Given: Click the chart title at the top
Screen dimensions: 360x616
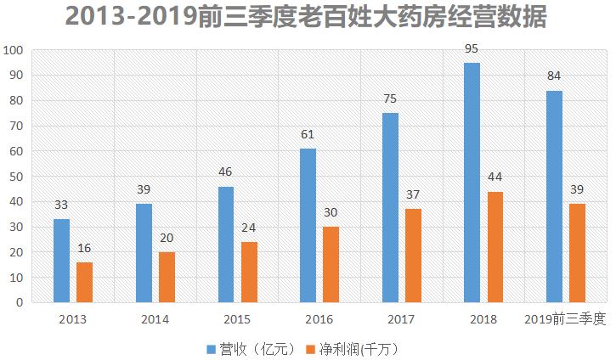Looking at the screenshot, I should point(307,17).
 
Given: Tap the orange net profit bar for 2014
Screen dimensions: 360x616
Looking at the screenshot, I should point(167,277).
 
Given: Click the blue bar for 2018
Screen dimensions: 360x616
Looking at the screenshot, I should point(472,183).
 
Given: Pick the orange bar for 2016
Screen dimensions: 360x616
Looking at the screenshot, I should point(331,264).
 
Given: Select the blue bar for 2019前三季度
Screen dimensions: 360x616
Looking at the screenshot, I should point(554,196).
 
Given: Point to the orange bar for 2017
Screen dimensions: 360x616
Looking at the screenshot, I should point(413,256).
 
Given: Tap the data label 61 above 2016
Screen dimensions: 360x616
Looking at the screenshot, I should point(308,134).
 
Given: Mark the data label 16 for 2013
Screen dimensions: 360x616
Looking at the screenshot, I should point(85,248).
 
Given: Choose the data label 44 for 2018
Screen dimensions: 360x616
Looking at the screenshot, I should point(495,177).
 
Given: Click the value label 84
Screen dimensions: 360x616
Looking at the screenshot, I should point(554,76).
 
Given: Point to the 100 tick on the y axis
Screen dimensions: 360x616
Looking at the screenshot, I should point(13,50).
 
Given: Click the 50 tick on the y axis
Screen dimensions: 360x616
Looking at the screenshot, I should point(15,177).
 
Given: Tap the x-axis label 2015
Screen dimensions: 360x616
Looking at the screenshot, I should point(237,319).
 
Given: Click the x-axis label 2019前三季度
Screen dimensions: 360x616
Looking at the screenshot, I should point(565,319).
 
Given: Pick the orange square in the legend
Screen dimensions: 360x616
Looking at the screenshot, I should point(310,349).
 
